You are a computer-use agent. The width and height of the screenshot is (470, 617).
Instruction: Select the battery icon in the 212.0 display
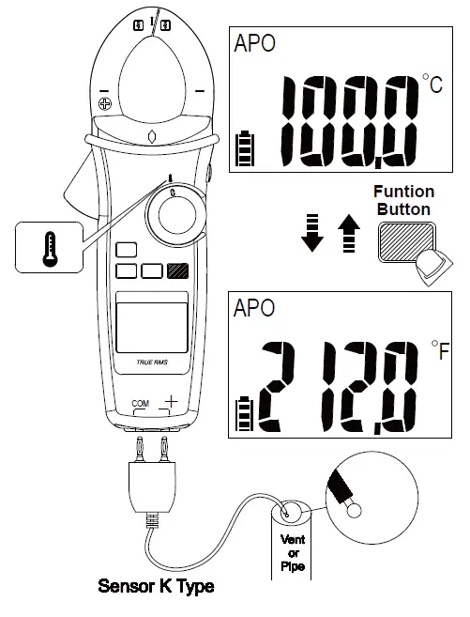[x=243, y=414]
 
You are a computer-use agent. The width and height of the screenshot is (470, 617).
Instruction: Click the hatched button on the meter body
[x=177, y=271]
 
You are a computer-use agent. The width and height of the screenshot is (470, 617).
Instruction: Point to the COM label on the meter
[x=140, y=403]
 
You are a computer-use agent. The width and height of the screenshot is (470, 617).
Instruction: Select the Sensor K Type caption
[x=156, y=587]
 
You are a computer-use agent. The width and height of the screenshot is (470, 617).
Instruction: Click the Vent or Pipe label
[x=294, y=552]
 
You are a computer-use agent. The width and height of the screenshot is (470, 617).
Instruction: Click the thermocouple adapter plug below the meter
[x=151, y=485]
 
